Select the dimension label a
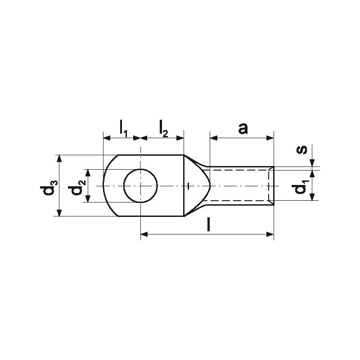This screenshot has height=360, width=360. point(243,129)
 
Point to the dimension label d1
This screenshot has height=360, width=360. point(301,188)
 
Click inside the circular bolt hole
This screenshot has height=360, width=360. point(140,186)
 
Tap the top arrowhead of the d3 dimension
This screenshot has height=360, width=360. point(59,159)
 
